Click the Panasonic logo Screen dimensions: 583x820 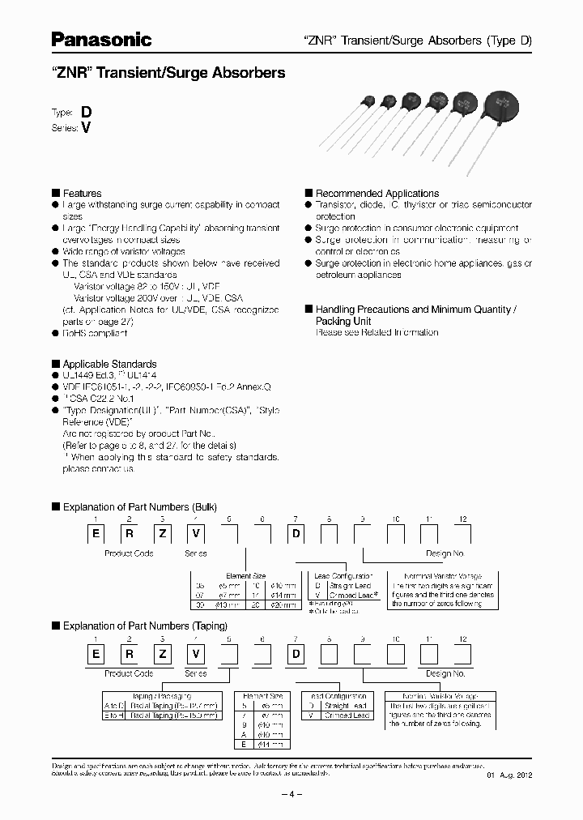tap(102, 39)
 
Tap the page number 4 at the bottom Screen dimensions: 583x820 tap(291, 795)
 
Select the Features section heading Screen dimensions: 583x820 tap(82, 194)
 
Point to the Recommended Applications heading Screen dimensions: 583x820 tap(377, 194)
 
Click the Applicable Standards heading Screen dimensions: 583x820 tap(109, 365)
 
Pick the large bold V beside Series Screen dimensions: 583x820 tap(85, 128)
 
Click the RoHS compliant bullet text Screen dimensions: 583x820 tap(95, 333)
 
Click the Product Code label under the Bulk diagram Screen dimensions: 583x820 tap(129, 553)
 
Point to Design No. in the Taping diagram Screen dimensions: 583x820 tap(445, 673)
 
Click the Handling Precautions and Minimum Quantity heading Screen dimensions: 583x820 tap(415, 310)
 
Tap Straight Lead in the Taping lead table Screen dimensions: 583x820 tap(347, 706)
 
